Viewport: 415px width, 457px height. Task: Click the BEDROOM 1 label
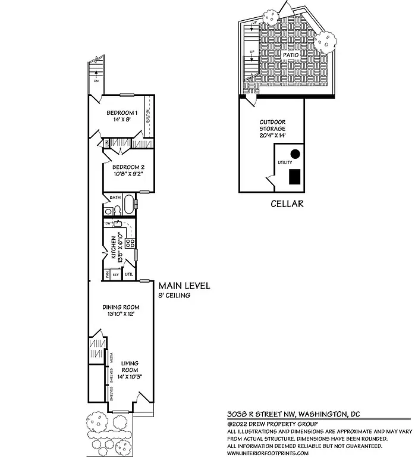click(122, 113)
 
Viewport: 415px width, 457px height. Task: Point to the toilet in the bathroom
click(108, 211)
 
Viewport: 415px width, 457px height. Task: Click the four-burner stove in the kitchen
click(130, 243)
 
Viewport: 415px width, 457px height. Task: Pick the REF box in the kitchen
click(117, 275)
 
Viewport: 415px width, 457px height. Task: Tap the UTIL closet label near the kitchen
click(129, 274)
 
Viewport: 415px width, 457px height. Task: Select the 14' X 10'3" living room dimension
click(130, 376)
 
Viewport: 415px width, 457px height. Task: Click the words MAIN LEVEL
click(184, 286)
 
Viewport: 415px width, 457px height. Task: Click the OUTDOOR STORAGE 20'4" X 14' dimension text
click(272, 136)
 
